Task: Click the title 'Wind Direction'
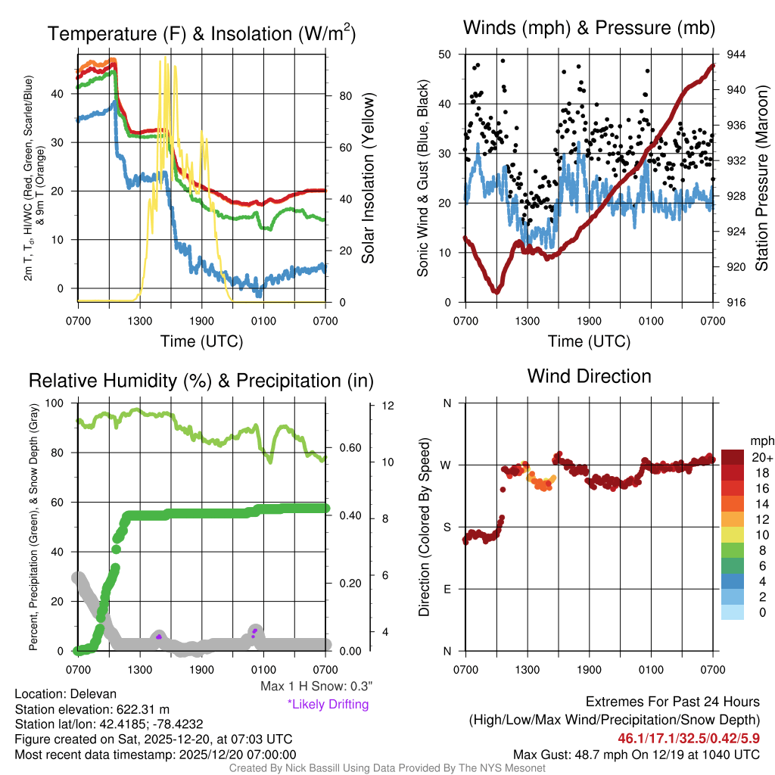[589, 376]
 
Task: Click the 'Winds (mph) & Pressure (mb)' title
[589, 29]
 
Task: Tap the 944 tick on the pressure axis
[735, 54]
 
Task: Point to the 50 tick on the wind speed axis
[445, 54]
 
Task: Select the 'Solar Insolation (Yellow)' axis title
[369, 179]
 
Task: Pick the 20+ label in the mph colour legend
[761, 457]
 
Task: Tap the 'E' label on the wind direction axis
[447, 589]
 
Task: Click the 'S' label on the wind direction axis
[447, 527]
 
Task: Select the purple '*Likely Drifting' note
[328, 705]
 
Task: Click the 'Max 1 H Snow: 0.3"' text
[316, 686]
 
